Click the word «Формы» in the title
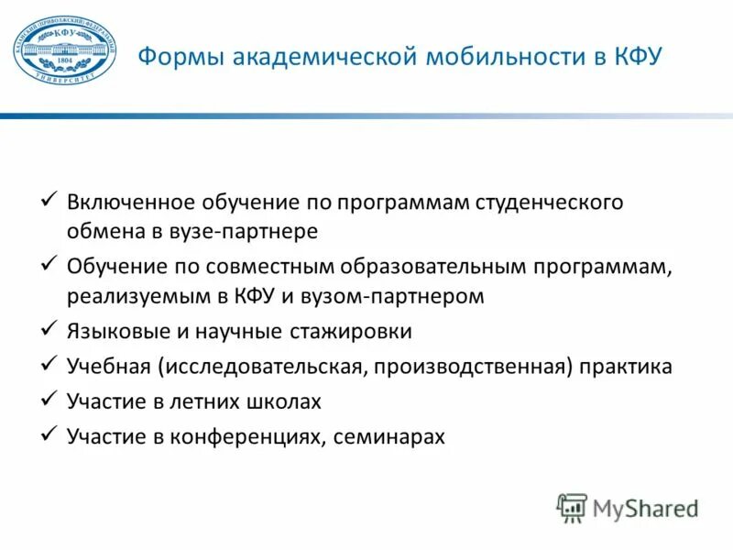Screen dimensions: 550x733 (181, 58)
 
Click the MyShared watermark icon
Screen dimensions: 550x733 (571, 507)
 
